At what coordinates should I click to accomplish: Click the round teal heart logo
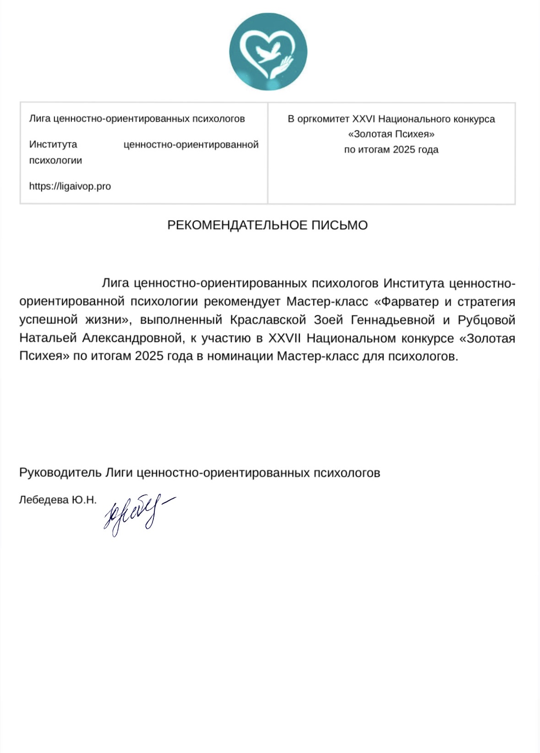pos(268,51)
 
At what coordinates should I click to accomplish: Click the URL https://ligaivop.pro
pos(70,186)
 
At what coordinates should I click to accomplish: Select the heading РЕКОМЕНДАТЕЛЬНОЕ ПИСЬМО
pos(267,225)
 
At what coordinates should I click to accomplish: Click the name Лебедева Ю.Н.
pos(58,500)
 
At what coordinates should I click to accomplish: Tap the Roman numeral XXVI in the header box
pos(363,119)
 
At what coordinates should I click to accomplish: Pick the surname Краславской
pos(268,320)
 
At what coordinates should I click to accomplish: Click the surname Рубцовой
pos(486,320)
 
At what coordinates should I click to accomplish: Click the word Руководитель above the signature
pos(60,472)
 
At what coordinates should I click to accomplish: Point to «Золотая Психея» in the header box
pos(391,134)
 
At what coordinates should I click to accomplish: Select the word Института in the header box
pos(53,145)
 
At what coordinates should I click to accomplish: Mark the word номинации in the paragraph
pos(240,356)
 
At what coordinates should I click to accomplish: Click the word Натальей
pos(48,338)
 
